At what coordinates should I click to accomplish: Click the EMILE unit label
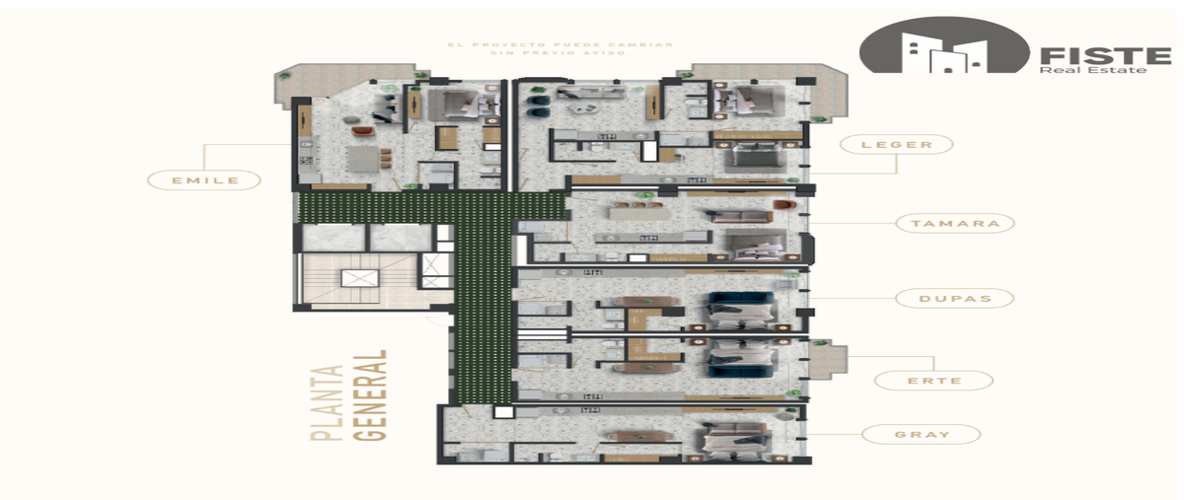(204, 180)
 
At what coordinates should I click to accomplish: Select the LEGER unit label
(897, 144)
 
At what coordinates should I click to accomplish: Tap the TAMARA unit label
(955, 224)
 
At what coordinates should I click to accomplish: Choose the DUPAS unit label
(955, 299)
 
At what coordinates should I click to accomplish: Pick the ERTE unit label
(934, 381)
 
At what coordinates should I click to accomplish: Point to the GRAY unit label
(922, 435)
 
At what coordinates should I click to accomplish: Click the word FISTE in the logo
(1106, 55)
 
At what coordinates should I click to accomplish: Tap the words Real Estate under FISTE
(1092, 70)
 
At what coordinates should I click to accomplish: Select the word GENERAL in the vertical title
(370, 395)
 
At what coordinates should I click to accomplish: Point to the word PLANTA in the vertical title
(327, 402)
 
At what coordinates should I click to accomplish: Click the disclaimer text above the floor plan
(560, 48)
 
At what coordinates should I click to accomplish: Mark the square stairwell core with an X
(360, 278)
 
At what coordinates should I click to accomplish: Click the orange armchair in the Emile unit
(363, 130)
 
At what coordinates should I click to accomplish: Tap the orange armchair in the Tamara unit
(784, 204)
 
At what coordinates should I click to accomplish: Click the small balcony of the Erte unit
(828, 359)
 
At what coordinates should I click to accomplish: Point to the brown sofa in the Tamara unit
(742, 217)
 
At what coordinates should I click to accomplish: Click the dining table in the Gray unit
(640, 436)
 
